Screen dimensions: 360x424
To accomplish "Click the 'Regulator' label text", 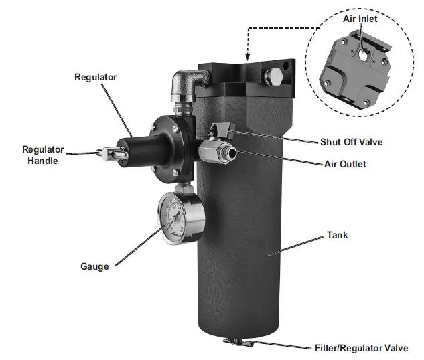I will (x=96, y=77).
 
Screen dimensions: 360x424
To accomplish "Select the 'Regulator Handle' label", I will (x=43, y=155).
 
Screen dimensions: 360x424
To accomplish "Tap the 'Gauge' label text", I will (x=94, y=266).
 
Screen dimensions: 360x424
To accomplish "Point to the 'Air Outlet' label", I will (x=344, y=164).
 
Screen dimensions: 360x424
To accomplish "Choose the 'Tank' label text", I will (x=337, y=236).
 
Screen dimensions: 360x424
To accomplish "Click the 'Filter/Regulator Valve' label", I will (x=361, y=348).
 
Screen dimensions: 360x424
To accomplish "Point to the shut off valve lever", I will (x=218, y=129).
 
